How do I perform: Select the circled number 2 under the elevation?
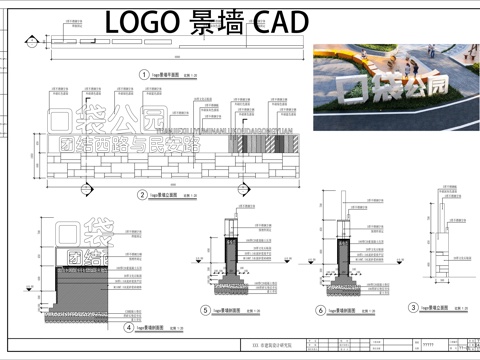coord(142,195)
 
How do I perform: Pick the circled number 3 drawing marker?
coord(412,308)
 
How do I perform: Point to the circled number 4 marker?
coord(129,327)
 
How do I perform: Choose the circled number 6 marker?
coord(321,311)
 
